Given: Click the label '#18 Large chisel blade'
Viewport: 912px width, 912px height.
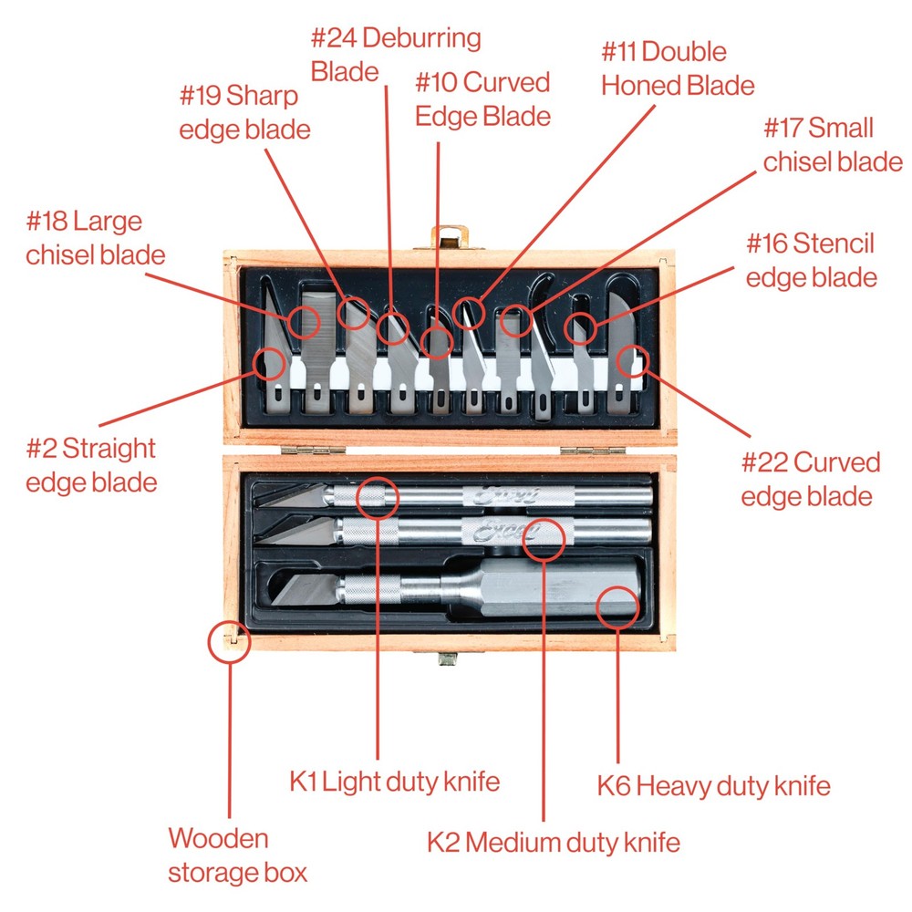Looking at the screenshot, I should click(95, 237).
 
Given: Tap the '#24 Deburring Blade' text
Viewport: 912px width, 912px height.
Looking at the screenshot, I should click(395, 55).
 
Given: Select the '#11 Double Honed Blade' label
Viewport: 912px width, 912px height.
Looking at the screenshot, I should click(678, 68).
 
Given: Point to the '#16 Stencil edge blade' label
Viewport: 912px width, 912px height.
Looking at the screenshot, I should click(811, 260).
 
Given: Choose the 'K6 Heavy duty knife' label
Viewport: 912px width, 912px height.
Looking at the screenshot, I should click(714, 785).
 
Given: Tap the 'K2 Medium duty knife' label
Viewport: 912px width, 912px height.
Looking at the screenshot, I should click(554, 842).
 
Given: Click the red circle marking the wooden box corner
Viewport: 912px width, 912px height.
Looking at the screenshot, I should click(228, 642).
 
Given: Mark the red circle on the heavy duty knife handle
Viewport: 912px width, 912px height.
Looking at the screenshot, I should click(617, 606).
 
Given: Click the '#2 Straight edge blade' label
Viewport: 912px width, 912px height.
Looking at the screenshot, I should click(91, 465).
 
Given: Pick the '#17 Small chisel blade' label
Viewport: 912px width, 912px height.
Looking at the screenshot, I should click(832, 144).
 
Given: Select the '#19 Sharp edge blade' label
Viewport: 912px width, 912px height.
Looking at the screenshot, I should click(244, 111).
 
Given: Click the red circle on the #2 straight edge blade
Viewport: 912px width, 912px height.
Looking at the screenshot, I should click(270, 365).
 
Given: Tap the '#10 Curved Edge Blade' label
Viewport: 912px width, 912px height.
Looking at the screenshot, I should click(482, 98).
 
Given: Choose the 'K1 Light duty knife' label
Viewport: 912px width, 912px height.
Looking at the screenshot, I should click(395, 782).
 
